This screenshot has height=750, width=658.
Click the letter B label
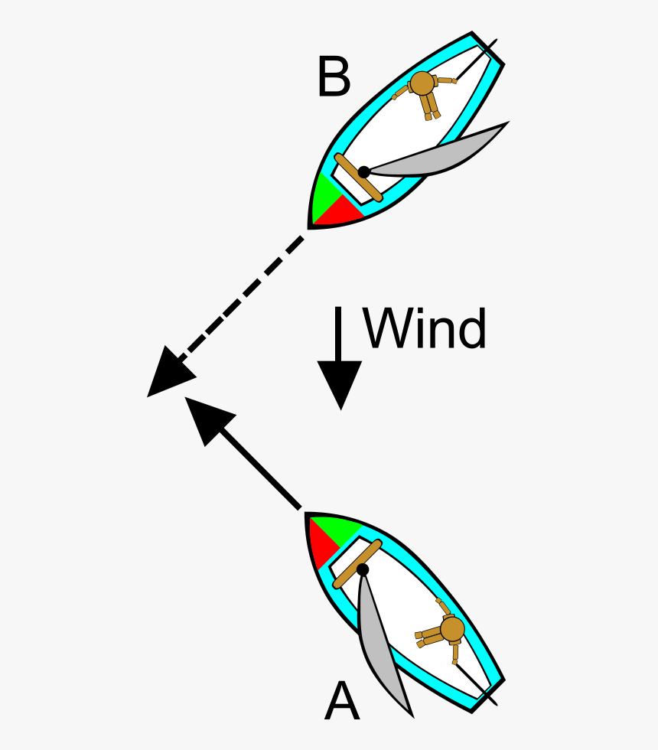pos(334,77)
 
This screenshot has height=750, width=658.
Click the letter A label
pos(341,700)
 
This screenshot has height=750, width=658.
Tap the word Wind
pos(425,328)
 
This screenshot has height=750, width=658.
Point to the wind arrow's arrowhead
pos(340,383)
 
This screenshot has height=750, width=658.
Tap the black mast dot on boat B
pos(364,172)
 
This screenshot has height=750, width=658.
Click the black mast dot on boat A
pos(363,569)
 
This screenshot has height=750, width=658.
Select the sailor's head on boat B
pos(422,83)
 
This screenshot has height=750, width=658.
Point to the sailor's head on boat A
pos(452,628)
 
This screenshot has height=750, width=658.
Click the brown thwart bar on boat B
pos(359,178)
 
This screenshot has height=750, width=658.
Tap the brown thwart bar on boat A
pos(357,564)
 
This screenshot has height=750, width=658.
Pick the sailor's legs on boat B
pos(430,107)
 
